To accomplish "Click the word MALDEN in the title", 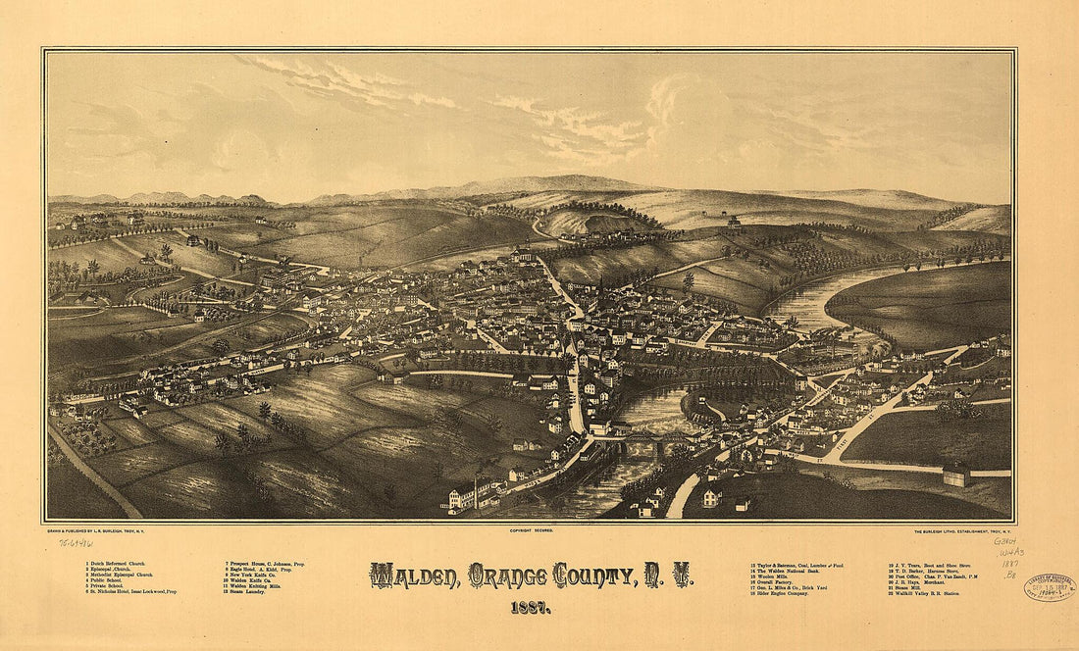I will pos(412,575).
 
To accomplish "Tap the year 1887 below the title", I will pos(531,607).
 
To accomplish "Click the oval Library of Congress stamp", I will pos(1050,586).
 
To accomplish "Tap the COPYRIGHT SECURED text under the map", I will pos(531,529).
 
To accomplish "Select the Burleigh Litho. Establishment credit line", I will pos(954,529).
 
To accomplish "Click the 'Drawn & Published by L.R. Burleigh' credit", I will pos(98,529).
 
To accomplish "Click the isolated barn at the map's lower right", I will pos(956,476).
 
